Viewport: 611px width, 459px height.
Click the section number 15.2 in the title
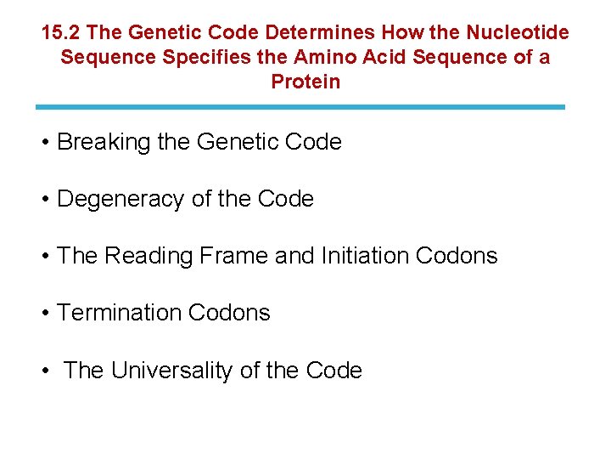(61, 33)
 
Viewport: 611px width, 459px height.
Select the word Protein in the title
(305, 82)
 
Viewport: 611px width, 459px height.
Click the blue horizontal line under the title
(300, 107)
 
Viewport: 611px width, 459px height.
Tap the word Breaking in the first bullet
(104, 143)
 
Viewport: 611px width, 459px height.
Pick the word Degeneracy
(121, 200)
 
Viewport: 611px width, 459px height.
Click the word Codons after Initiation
(458, 256)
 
